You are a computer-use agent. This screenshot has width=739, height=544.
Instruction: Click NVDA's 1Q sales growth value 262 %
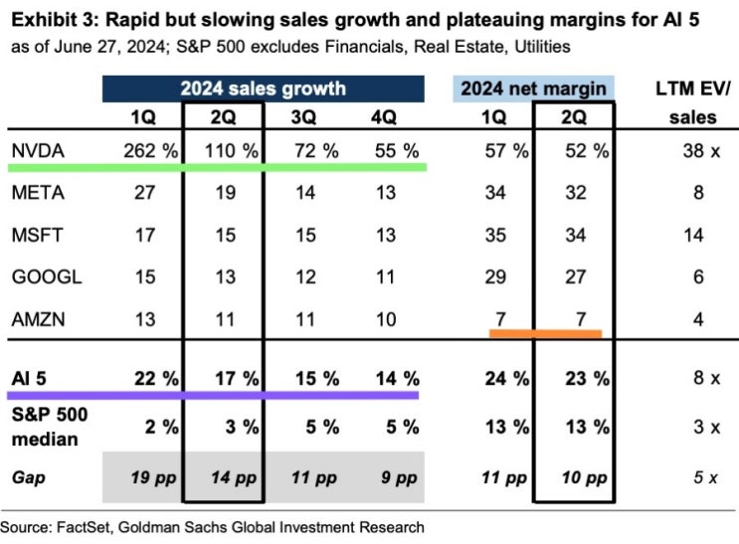click(x=151, y=151)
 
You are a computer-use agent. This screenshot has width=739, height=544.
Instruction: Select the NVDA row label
click(x=38, y=151)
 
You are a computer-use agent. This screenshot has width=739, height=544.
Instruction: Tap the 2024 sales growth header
click(x=263, y=89)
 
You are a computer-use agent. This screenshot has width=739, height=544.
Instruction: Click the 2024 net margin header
click(x=533, y=89)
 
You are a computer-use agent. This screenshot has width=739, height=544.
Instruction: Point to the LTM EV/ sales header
click(x=693, y=102)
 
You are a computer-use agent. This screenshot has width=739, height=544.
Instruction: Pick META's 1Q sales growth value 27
click(x=144, y=192)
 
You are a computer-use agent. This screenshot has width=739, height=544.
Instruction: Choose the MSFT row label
click(x=37, y=235)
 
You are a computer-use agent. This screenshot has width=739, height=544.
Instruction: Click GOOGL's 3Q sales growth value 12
click(x=305, y=276)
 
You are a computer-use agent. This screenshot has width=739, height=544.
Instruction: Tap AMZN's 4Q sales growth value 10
click(x=386, y=319)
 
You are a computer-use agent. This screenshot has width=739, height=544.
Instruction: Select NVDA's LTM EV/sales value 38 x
click(x=701, y=151)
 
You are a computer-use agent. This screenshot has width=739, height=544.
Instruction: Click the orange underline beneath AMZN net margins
click(x=545, y=334)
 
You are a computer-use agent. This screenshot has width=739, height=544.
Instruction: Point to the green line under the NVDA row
click(x=217, y=167)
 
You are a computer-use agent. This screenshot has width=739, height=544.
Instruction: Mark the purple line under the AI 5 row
click(x=213, y=395)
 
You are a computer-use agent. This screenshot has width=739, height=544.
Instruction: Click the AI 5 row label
click(x=29, y=378)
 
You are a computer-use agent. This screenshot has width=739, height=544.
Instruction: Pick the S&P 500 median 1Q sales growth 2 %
click(x=162, y=427)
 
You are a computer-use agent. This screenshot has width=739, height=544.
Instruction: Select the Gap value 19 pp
click(x=153, y=477)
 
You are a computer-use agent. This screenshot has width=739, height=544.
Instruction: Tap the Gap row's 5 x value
click(x=705, y=477)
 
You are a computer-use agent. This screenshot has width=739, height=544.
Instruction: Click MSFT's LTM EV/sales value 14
click(x=693, y=235)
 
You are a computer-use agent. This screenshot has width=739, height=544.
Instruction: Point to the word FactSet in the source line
click(x=84, y=526)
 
